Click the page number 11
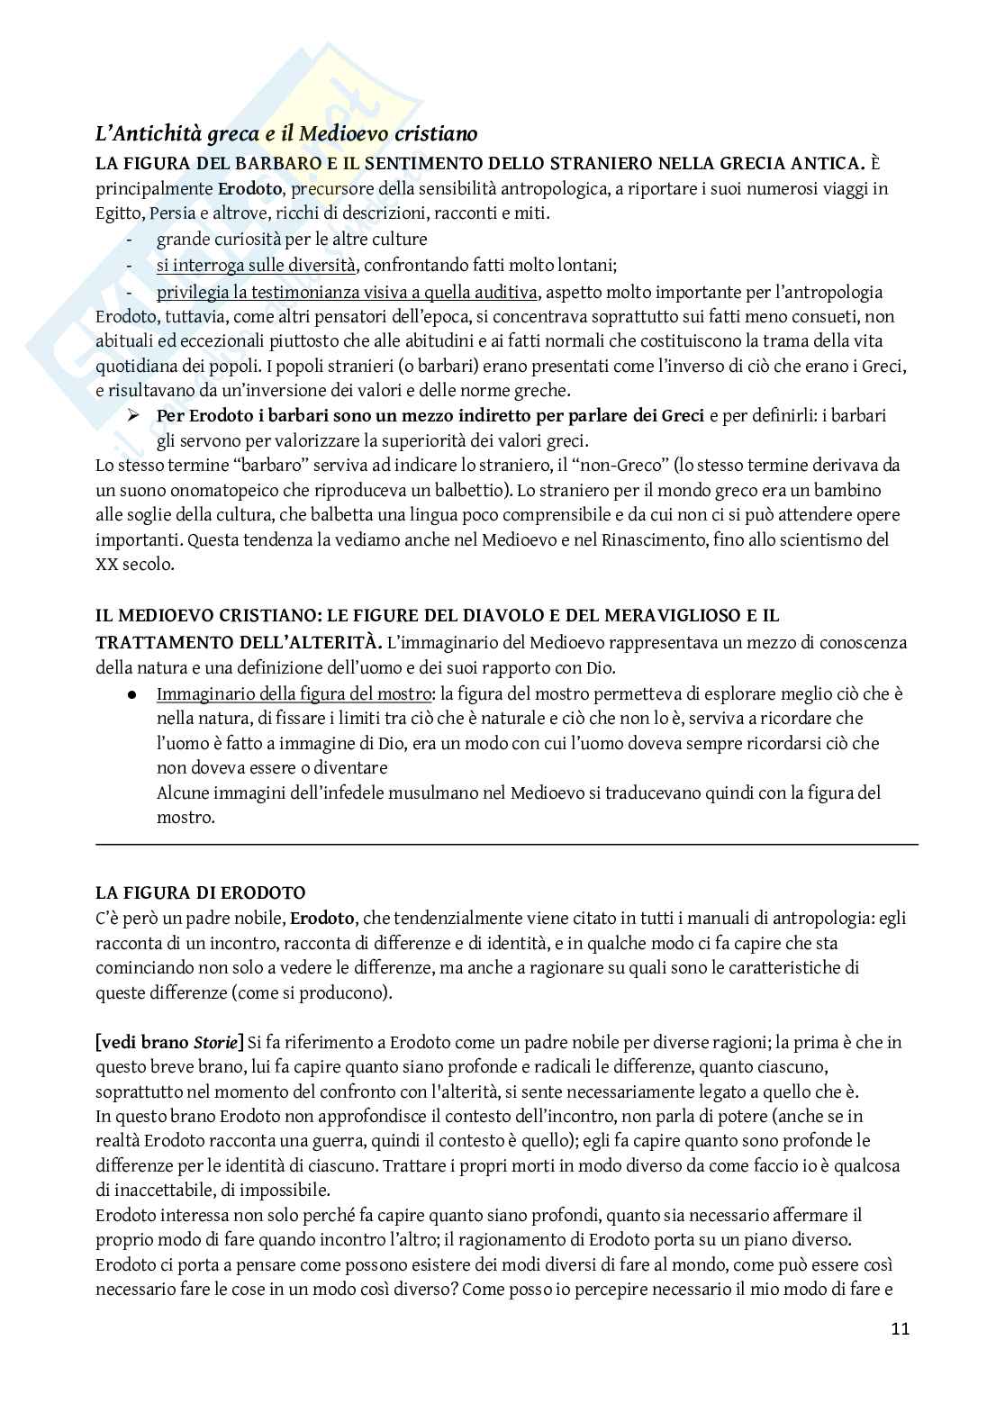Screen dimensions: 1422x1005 tap(900, 1328)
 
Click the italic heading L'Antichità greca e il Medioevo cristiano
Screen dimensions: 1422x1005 tap(285, 134)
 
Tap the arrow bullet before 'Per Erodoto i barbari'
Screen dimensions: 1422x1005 tap(135, 416)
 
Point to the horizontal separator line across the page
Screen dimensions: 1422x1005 tap(506, 844)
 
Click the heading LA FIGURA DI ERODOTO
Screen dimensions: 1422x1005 tap(200, 893)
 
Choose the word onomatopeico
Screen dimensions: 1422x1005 tap(215, 491)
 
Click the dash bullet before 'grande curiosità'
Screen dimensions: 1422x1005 tap(132, 240)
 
